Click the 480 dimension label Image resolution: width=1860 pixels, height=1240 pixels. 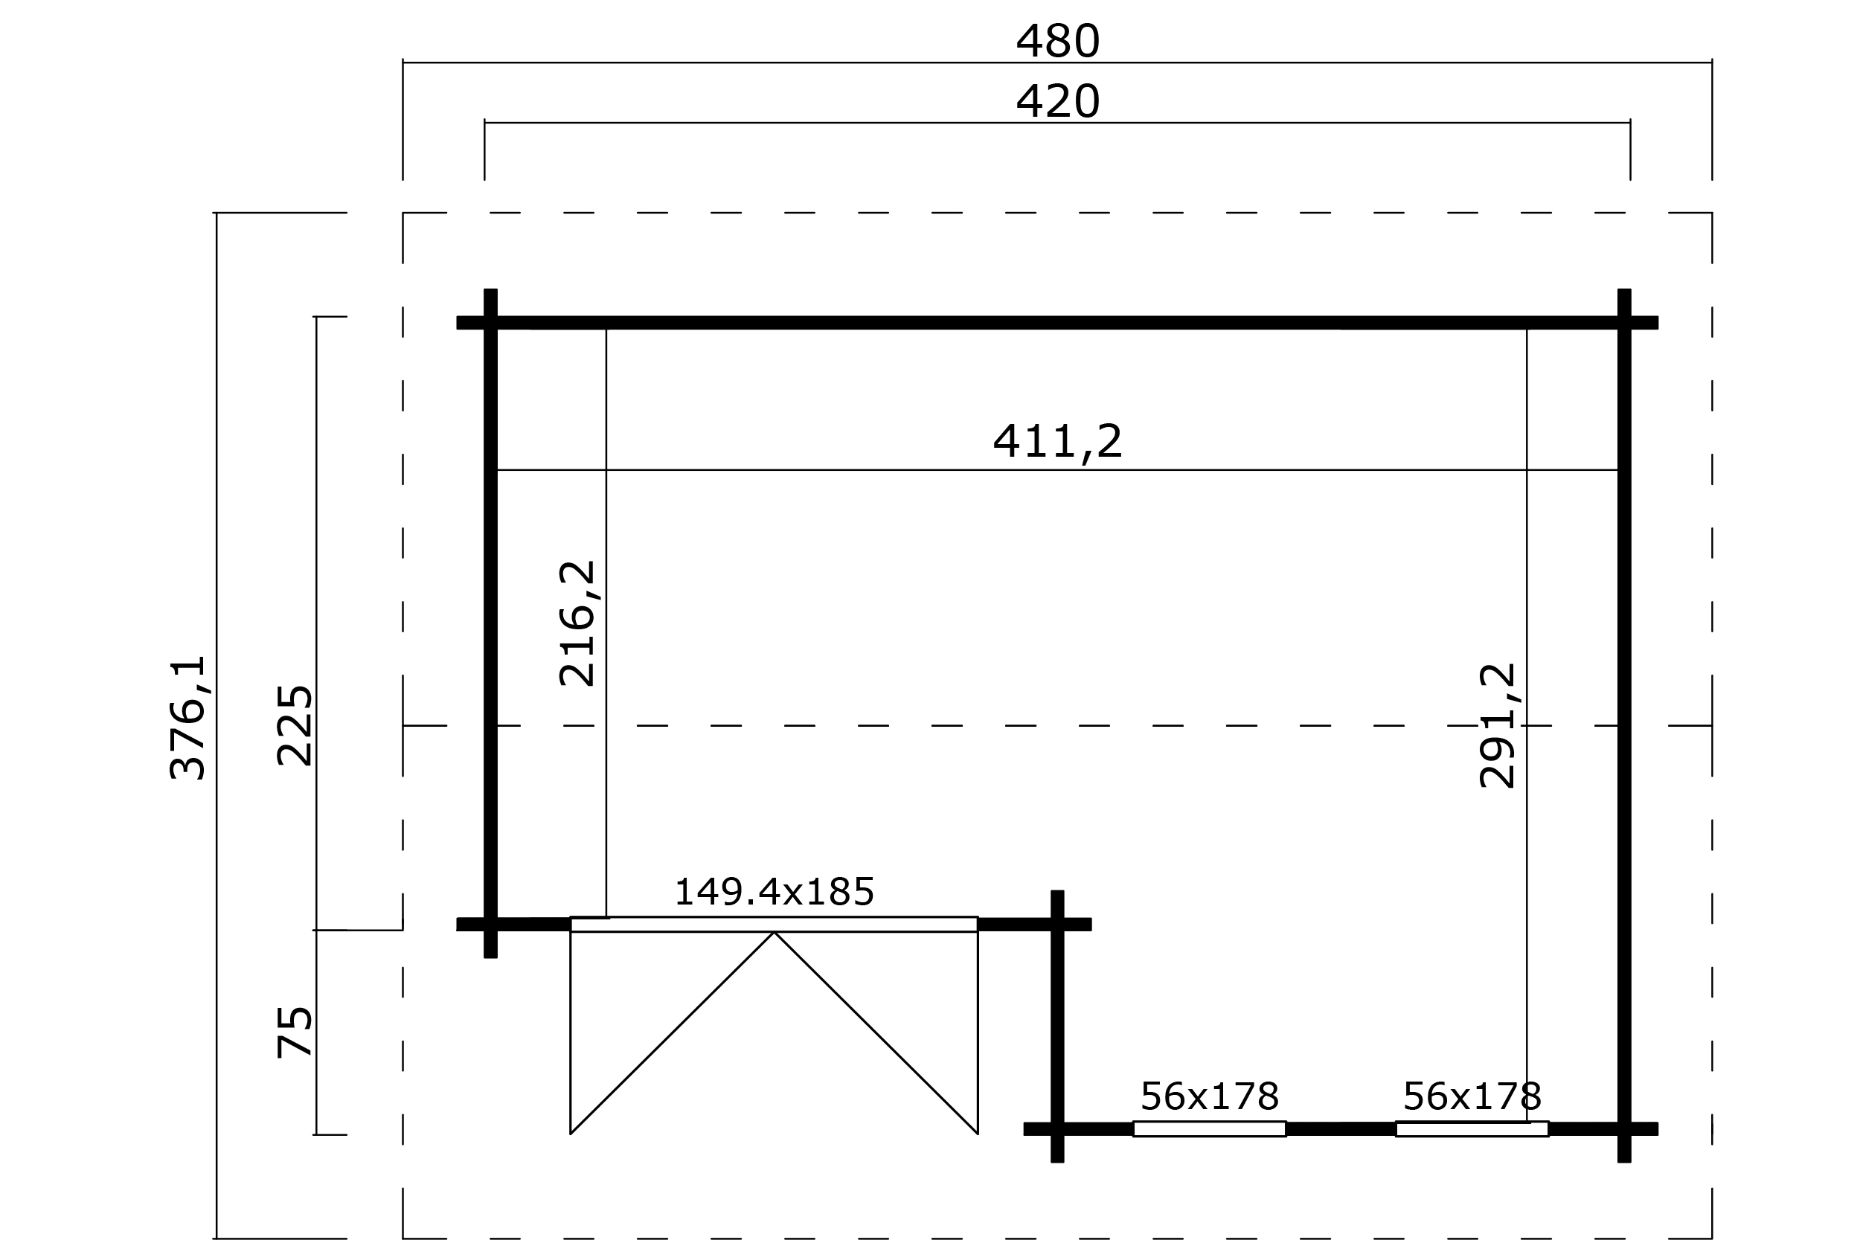point(1057,41)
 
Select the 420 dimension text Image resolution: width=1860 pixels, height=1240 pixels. point(1057,102)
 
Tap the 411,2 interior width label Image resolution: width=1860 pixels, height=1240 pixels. point(1057,441)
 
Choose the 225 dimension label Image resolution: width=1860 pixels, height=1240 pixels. point(295,725)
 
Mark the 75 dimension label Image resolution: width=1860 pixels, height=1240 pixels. point(295,1032)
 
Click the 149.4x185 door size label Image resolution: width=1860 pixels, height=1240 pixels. point(774,892)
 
